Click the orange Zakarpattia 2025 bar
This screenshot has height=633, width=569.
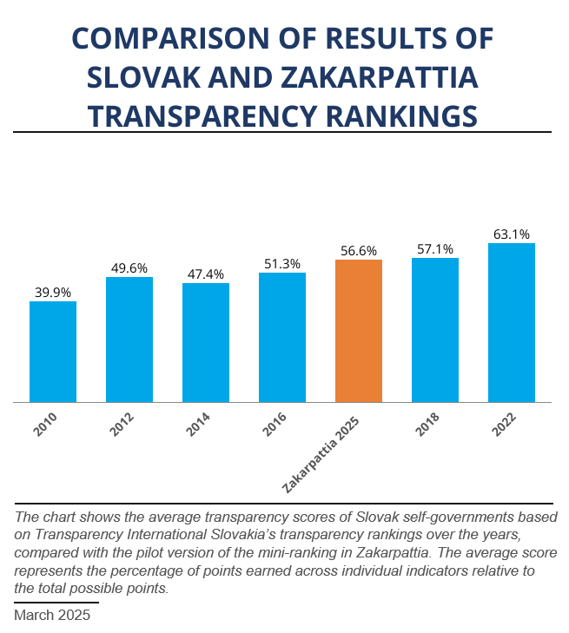pos(358,331)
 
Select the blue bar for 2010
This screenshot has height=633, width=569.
pos(53,352)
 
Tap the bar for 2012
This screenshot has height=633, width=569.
pos(129,340)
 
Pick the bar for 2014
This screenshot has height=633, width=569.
pos(206,343)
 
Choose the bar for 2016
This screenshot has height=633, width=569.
pos(281,337)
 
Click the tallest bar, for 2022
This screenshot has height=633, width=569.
pos(511,322)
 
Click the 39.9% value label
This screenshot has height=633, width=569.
pos(53,293)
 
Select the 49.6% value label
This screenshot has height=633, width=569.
pos(129,268)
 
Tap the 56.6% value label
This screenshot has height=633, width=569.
pos(358,251)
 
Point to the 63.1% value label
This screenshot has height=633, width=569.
pos(511,234)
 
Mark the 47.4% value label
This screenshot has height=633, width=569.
pos(206,274)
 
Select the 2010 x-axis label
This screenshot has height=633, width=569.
pos(45,425)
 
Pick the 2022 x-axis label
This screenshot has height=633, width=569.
pos(503,425)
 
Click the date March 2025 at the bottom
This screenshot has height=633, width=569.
pos(52,615)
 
